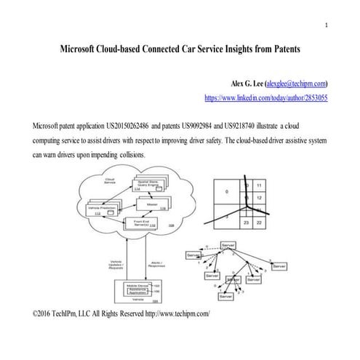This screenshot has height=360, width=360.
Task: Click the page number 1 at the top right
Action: tap(327, 27)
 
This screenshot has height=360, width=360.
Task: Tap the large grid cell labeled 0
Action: tap(226, 192)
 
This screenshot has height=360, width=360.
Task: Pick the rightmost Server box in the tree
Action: tap(279, 267)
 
